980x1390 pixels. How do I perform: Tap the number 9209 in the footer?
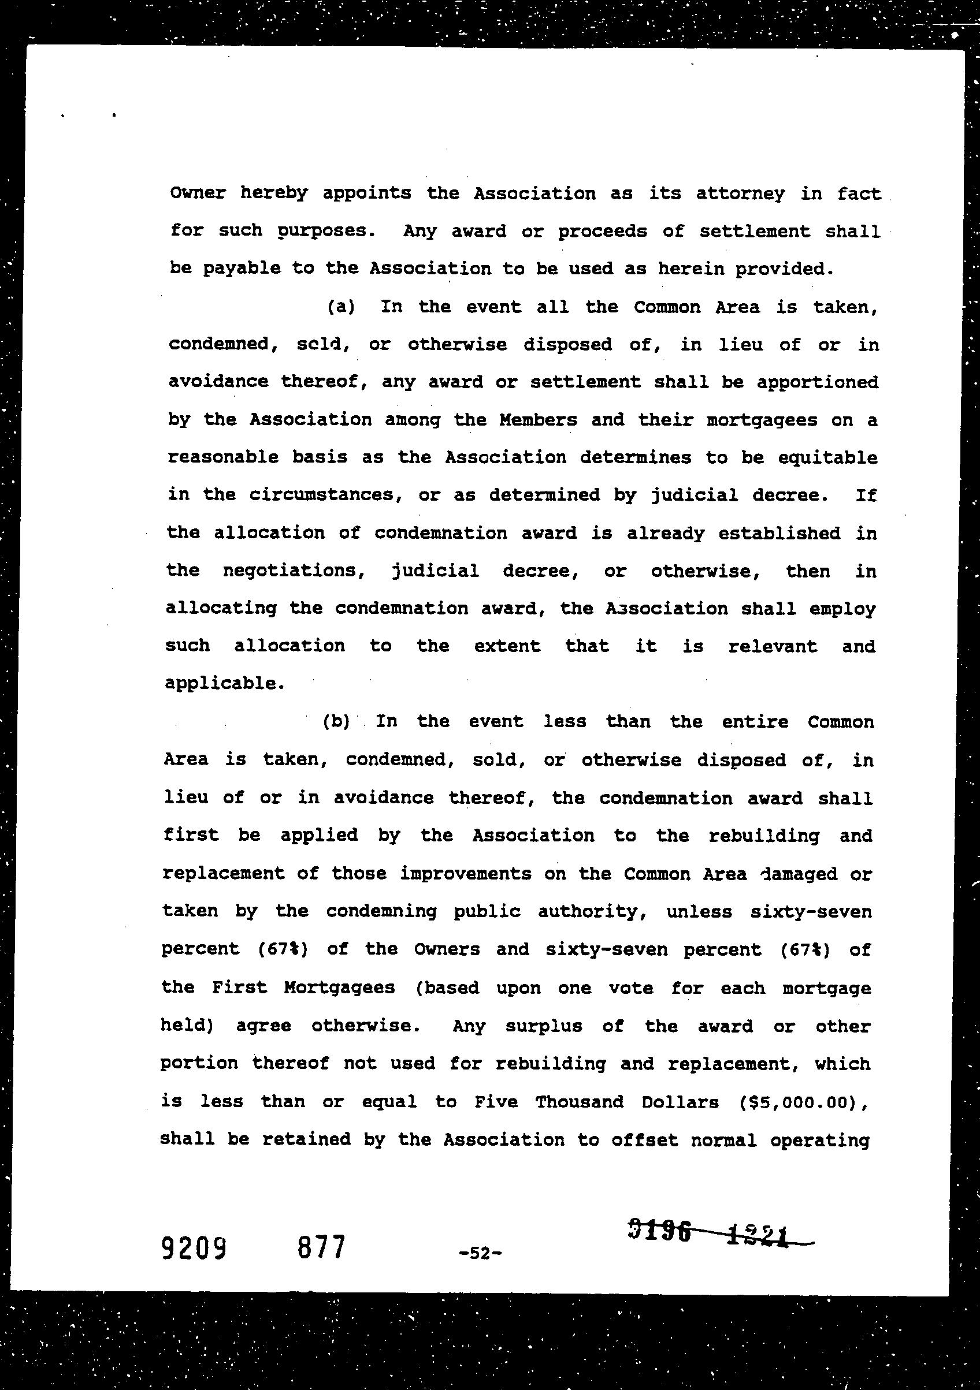(194, 1247)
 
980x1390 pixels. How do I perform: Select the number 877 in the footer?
(321, 1247)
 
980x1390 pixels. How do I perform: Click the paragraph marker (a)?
(340, 307)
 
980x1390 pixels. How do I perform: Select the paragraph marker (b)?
(336, 722)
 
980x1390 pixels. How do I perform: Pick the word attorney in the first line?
(740, 193)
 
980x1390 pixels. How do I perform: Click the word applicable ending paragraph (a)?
(224, 684)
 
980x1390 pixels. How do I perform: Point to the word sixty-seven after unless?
(811, 912)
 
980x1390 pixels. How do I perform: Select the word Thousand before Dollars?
(579, 1102)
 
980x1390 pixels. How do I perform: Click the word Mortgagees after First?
(339, 988)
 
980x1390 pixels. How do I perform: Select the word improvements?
(465, 874)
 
